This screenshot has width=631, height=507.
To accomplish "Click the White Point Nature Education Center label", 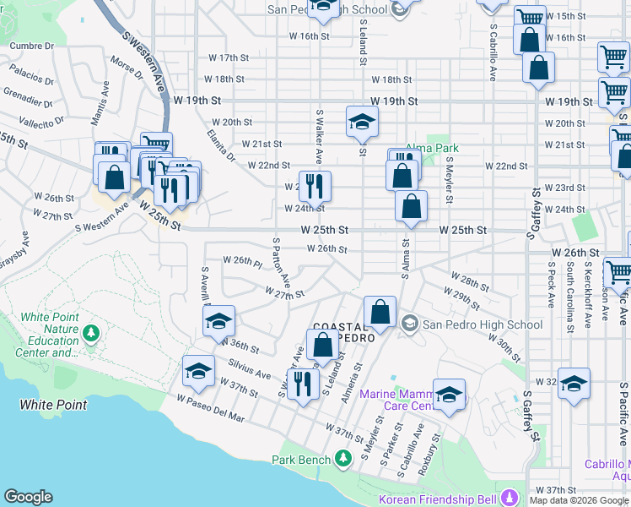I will coord(49,335).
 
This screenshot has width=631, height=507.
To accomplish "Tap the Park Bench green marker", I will coord(342,460).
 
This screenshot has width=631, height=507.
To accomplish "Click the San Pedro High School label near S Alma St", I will coord(483,324).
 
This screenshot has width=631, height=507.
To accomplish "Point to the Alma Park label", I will coord(425,148).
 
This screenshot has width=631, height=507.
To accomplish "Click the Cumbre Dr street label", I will coord(31,45).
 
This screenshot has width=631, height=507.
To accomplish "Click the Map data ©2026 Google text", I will coord(579,500).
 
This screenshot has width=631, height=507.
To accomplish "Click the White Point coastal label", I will coord(54,405).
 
